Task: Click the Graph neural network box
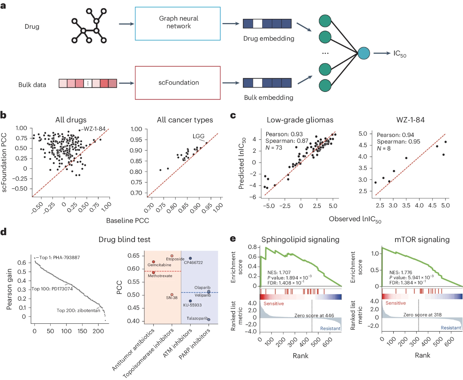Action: [x=178, y=23]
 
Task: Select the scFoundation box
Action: [x=178, y=83]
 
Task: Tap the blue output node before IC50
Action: [x=364, y=53]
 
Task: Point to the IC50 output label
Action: [x=400, y=54]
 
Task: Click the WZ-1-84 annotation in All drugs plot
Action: [x=94, y=129]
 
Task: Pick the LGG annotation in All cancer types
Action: [x=198, y=136]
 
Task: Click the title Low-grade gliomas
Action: [x=300, y=120]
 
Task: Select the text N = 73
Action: [x=274, y=148]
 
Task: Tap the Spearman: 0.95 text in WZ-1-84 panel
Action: [x=399, y=142]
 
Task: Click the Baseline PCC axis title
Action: [x=127, y=221]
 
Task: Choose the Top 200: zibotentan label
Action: [x=78, y=311]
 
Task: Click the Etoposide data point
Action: [x=172, y=256]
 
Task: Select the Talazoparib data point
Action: [x=209, y=319]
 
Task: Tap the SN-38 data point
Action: [x=172, y=294]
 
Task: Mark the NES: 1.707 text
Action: [x=279, y=273]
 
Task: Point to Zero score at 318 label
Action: [x=422, y=315]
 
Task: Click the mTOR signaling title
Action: [x=422, y=239]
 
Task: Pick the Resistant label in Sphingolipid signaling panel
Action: [x=330, y=328]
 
